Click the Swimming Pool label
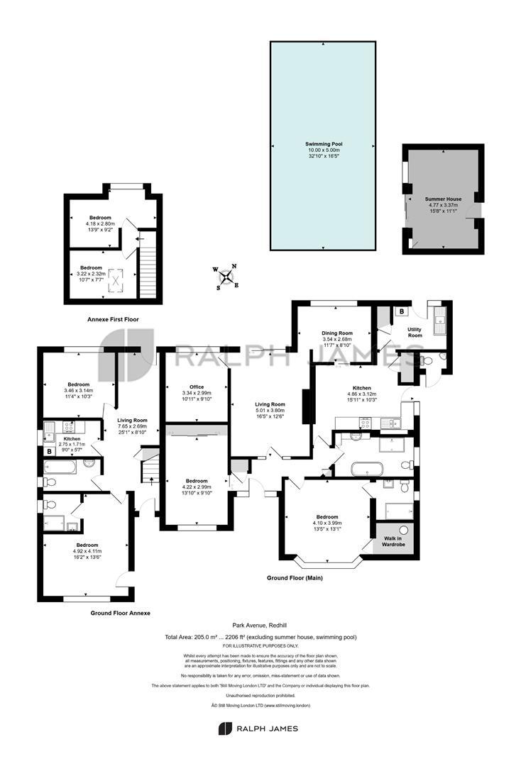click(x=324, y=144)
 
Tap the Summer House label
click(x=443, y=199)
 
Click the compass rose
click(x=227, y=277)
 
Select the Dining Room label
click(x=336, y=333)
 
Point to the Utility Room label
click(x=415, y=332)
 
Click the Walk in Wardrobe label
click(x=393, y=541)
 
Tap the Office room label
click(x=197, y=387)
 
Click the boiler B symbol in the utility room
click(x=402, y=311)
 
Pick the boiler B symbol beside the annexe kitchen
click(x=49, y=452)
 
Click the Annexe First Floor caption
click(x=113, y=319)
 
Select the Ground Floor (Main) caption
click(x=295, y=578)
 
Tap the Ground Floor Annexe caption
click(x=120, y=613)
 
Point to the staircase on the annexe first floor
click(x=147, y=265)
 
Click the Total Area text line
click(x=260, y=637)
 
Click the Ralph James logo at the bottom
click(x=258, y=728)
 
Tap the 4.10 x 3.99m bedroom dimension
click(x=327, y=523)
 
